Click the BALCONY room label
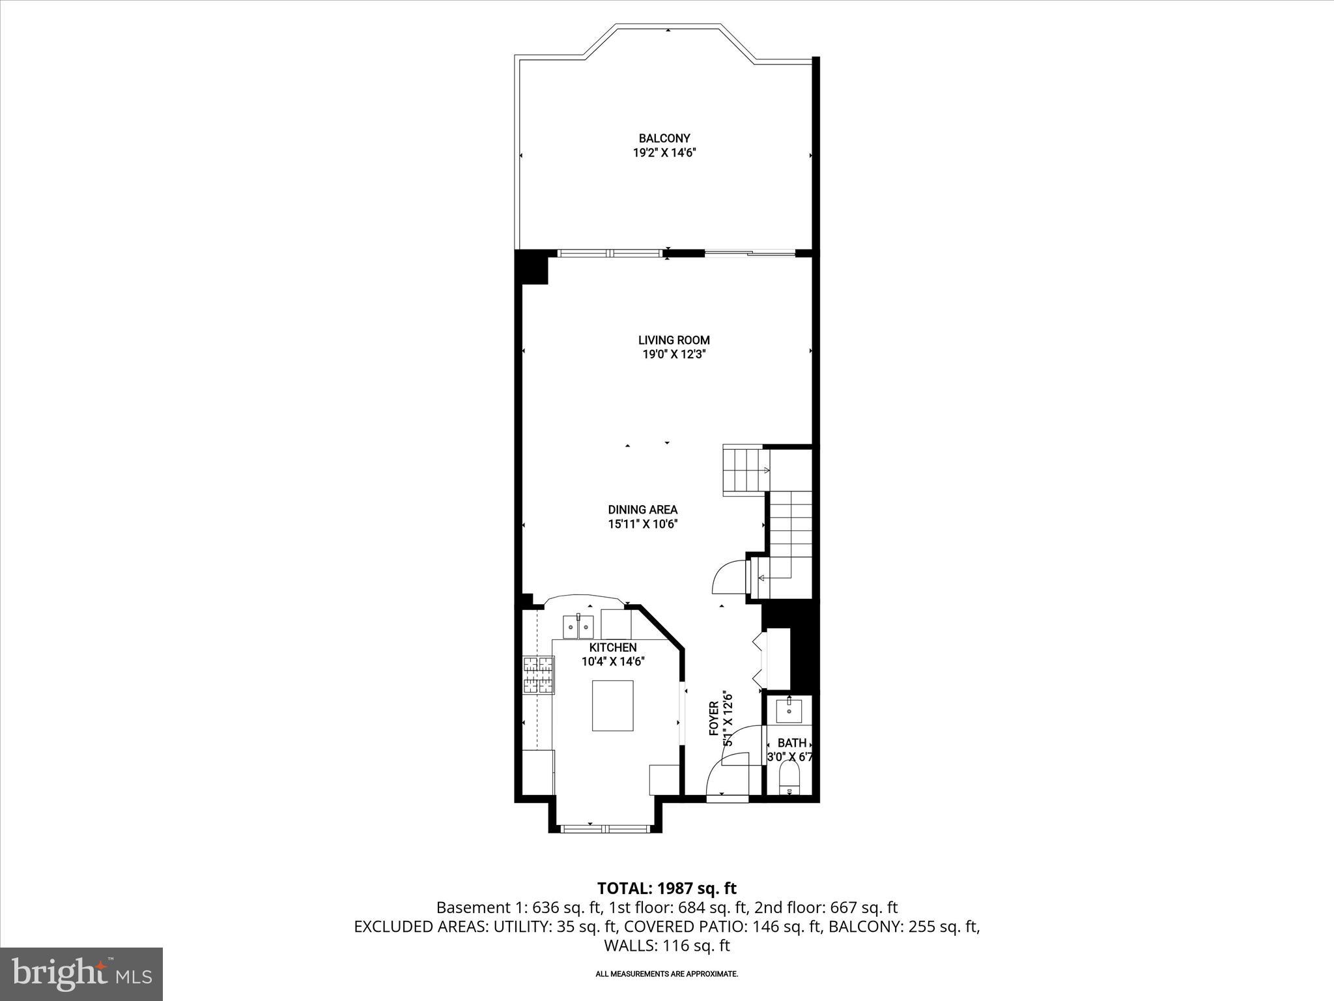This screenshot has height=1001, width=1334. pos(664,138)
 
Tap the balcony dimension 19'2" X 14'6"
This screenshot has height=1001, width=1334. pos(664,154)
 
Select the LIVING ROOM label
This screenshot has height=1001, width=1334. pos(674,340)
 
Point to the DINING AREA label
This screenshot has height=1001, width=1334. pos(643,510)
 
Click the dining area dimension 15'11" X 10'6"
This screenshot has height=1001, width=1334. pos(643,525)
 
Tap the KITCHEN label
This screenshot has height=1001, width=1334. pos(613,647)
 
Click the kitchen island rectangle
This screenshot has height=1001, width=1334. pos(612,706)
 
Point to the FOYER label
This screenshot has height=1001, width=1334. pos(714,719)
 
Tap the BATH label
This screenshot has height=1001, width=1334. pos(792,743)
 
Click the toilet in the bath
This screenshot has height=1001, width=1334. pos(789,779)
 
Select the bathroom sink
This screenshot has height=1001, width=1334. pos(789,710)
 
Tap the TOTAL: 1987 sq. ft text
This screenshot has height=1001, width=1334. pos(666,888)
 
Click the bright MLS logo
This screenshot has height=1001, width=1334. pos(81,974)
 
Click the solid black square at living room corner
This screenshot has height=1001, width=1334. pos(531,268)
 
